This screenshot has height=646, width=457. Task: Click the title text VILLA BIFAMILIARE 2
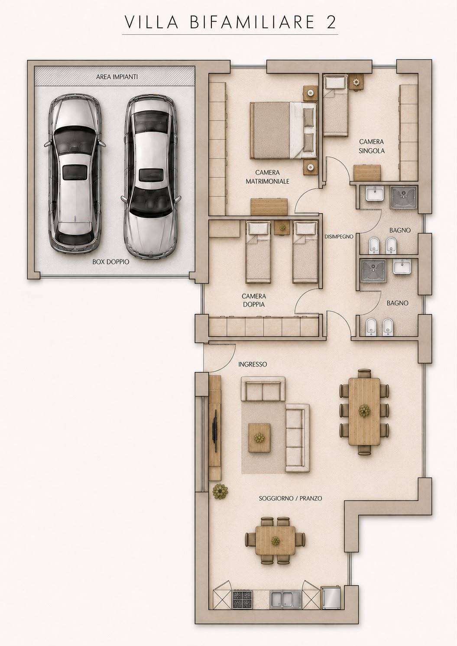click(230, 23)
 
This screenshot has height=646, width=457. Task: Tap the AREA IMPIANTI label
click(117, 77)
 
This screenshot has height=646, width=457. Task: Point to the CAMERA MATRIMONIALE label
click(267, 177)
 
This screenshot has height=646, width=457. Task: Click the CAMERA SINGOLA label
click(372, 146)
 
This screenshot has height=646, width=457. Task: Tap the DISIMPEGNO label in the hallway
click(339, 237)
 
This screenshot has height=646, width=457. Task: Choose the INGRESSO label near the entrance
click(253, 364)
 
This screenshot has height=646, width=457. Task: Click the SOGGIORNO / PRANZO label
click(290, 498)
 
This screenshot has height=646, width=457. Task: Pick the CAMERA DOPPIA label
click(254, 300)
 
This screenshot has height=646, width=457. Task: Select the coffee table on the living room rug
click(259, 438)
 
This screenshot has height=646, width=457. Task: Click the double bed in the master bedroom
click(283, 130)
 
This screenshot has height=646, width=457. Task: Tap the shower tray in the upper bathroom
click(403, 197)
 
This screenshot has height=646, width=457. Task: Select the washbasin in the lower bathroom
click(402, 266)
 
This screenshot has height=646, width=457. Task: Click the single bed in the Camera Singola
click(335, 105)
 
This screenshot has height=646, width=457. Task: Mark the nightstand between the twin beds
click(281, 228)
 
